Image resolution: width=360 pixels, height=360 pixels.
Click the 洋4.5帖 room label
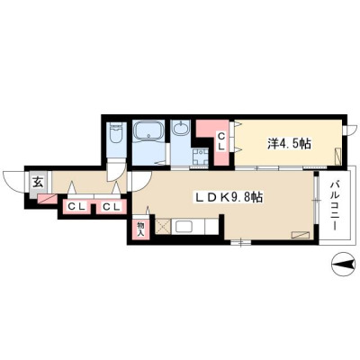[289, 144]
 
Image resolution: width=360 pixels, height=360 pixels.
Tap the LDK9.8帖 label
[229, 197]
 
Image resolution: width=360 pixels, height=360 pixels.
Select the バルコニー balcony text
[335, 206]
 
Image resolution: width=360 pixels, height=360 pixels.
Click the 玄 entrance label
[38, 182]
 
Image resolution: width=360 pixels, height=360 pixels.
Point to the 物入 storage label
[141, 229]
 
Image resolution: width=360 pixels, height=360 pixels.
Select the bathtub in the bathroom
[148, 131]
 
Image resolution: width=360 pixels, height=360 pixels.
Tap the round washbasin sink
[181, 129]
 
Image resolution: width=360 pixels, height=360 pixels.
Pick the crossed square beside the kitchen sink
[163, 227]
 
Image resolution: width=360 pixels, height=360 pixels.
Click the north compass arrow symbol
[343, 265]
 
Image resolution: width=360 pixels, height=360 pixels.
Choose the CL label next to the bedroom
[221, 141]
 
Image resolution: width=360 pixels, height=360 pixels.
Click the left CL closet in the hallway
[76, 207]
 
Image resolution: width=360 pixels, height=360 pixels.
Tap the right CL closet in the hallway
[112, 207]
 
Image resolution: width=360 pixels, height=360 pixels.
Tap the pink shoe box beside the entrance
[47, 198]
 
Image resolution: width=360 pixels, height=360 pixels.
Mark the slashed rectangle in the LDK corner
[301, 235]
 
